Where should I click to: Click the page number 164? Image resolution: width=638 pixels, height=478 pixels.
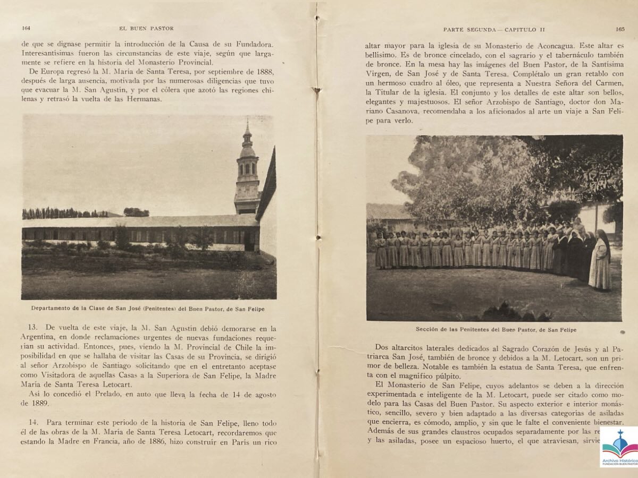(25, 28)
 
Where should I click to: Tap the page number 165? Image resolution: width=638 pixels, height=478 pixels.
(620, 30)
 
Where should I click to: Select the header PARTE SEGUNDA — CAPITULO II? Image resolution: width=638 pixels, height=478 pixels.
(494, 30)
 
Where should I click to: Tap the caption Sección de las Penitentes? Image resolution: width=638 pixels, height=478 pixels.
(496, 330)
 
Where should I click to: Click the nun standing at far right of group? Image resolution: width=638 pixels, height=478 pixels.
(601, 260)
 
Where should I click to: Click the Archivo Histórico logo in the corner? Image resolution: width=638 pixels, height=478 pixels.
(619, 447)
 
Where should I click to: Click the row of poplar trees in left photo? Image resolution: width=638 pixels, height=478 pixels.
(61, 213)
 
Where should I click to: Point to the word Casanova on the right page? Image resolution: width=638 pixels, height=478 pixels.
(397, 111)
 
